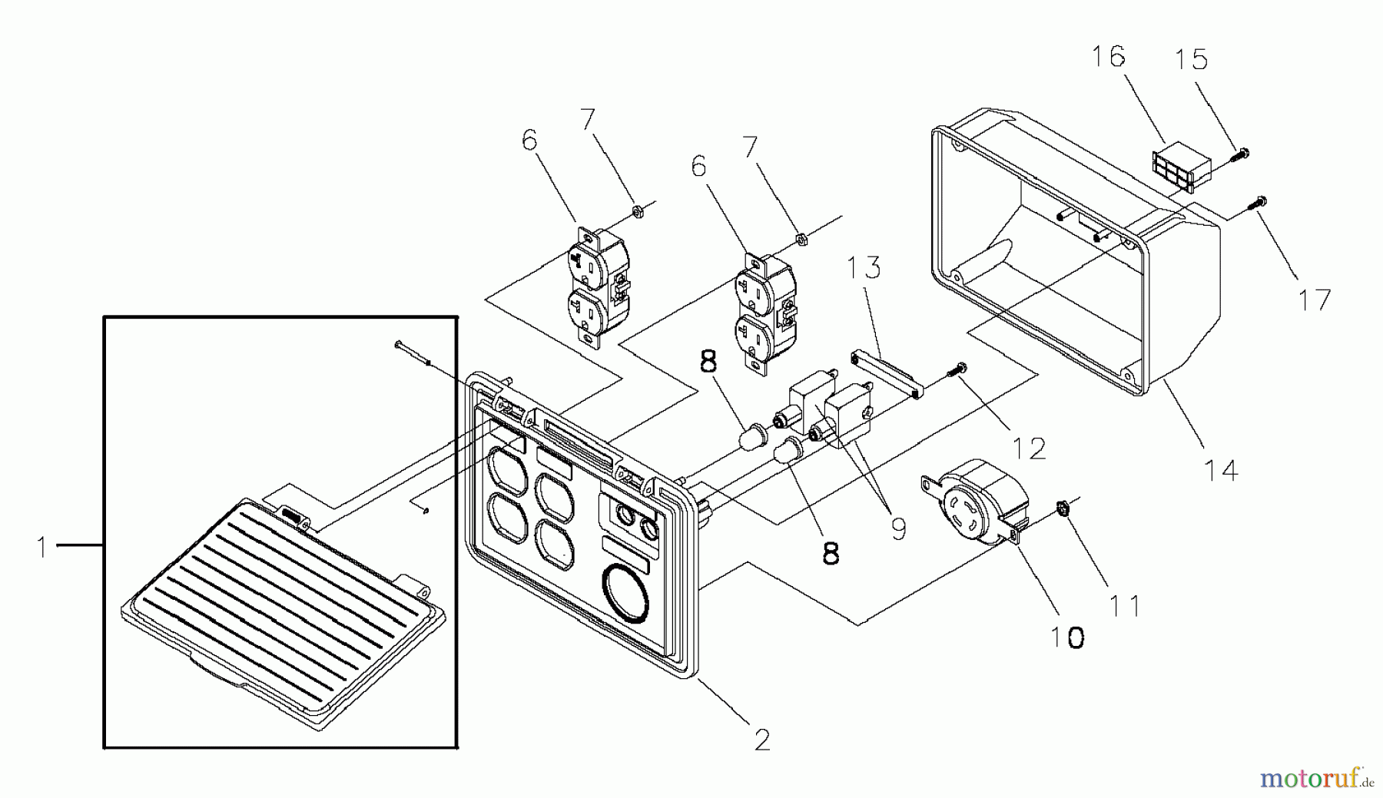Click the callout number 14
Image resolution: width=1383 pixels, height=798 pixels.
coord(1222,469)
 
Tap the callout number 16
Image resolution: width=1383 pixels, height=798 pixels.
coord(1109,57)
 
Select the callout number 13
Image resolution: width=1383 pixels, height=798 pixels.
coord(864,269)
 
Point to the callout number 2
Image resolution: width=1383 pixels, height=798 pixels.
coord(761,740)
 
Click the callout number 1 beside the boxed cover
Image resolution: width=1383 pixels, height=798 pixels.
coord(44,547)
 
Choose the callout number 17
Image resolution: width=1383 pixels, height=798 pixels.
coord(1314,300)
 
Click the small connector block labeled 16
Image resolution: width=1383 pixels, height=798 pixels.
coord(1181,167)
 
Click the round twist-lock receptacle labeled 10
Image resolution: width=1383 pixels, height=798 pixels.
coord(976,501)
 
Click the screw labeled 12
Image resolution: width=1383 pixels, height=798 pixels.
coord(957,371)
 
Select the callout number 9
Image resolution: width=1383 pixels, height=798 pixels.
coord(897,528)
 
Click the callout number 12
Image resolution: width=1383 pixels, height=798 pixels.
coord(1029,448)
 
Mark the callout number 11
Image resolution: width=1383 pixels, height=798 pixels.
coord(1125,606)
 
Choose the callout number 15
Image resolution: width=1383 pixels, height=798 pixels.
coord(1191,59)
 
